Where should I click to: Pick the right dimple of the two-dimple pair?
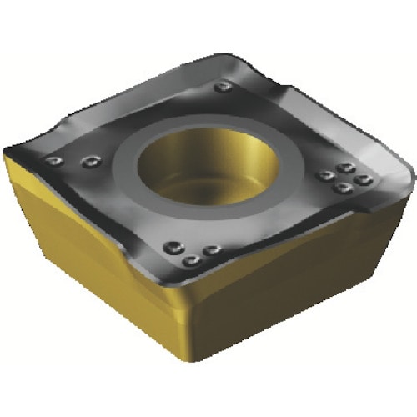(87, 162)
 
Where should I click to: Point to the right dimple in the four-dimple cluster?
(362, 180)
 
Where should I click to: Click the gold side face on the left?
(92, 267)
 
